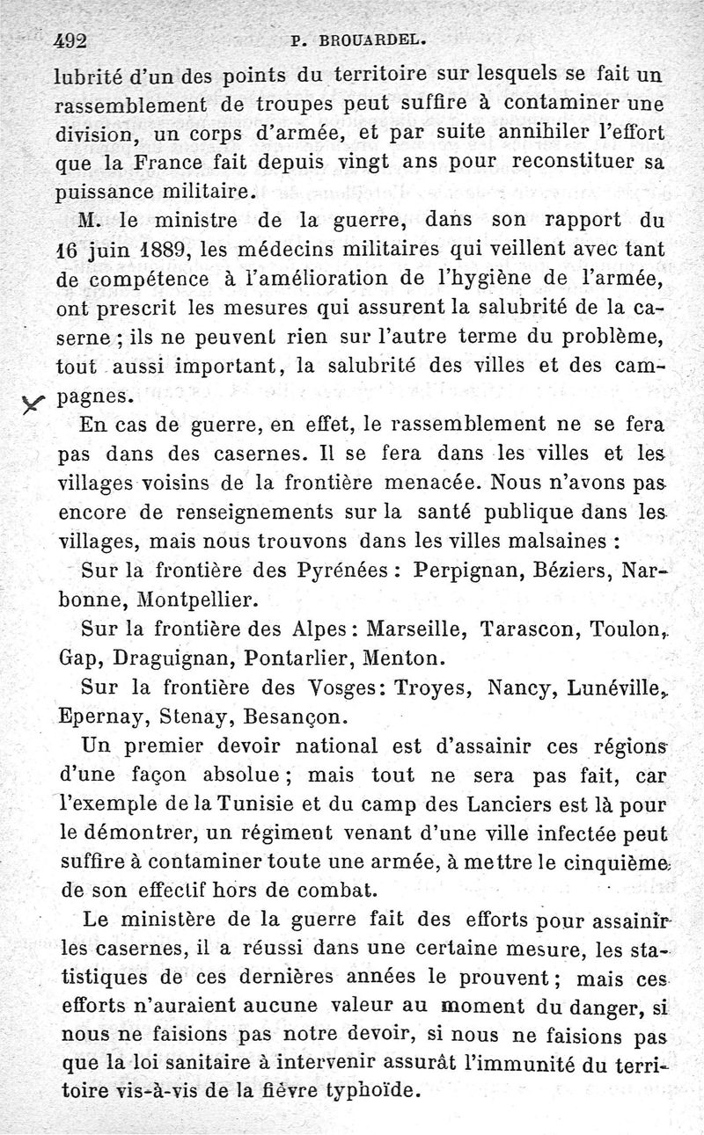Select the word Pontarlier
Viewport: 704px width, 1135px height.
(x=297, y=658)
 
